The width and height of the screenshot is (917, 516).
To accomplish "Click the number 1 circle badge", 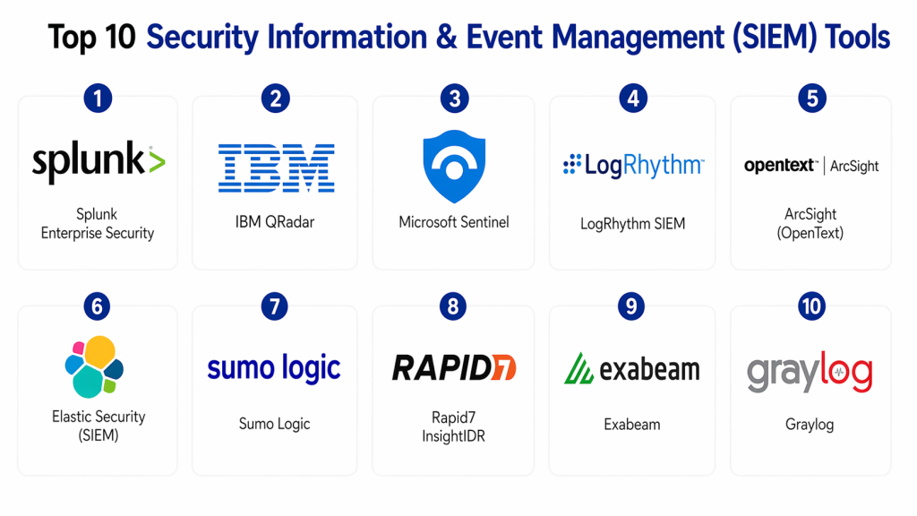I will click(98, 98).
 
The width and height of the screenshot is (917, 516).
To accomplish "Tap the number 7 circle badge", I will click(275, 307).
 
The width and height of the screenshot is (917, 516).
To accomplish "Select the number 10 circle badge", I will click(811, 307).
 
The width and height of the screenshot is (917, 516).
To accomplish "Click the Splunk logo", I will click(99, 162).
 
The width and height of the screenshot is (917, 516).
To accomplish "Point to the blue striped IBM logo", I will click(276, 168).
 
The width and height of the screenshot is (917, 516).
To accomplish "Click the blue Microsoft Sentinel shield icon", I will click(454, 166).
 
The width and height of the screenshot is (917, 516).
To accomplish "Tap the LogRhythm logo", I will click(633, 166).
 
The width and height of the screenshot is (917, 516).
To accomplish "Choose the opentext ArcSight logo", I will click(811, 166).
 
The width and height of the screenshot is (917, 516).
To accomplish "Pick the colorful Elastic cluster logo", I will click(94, 366).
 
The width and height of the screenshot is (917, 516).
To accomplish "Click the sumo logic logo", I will click(274, 368).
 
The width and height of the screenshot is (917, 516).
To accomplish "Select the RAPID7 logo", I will click(454, 367).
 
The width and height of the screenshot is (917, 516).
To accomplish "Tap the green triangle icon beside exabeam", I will click(579, 368).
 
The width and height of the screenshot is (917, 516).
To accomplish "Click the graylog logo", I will click(810, 372).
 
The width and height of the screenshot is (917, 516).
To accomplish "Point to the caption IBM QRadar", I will click(274, 222).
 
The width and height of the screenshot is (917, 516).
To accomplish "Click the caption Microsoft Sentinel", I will click(454, 222).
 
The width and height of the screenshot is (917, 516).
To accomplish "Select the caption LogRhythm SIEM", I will click(632, 224).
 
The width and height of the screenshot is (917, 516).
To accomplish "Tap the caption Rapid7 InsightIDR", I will click(453, 426).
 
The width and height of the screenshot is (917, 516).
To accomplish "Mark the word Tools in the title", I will click(857, 38).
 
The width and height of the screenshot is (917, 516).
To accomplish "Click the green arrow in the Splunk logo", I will click(156, 162).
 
